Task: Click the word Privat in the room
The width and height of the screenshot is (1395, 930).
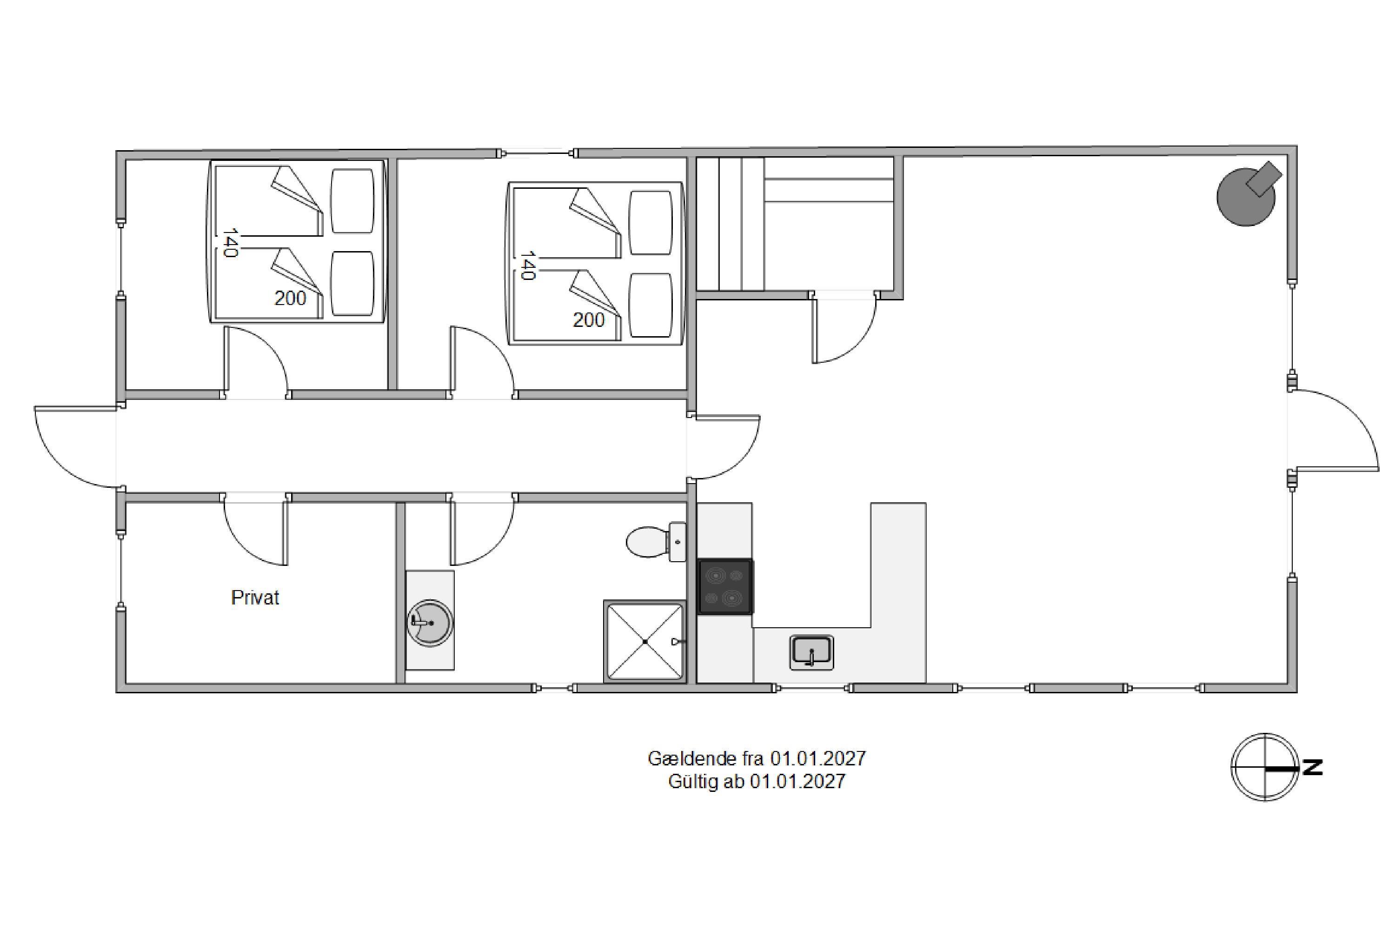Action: pos(255,597)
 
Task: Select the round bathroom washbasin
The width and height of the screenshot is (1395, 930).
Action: pos(431,623)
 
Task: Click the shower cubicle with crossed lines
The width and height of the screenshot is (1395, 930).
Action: pos(644,641)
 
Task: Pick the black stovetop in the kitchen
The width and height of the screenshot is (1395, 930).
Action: pos(725,586)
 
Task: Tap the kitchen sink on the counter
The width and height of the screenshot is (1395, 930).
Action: pos(811,653)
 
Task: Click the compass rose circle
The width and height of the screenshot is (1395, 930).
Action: pos(1265,768)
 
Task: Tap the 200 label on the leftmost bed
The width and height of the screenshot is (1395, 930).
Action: pos(290,298)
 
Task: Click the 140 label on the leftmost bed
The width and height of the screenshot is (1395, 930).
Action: pos(230,243)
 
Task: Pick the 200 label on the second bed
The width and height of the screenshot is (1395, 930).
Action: pos(588,320)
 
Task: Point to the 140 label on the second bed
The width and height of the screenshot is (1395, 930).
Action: pos(528,265)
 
